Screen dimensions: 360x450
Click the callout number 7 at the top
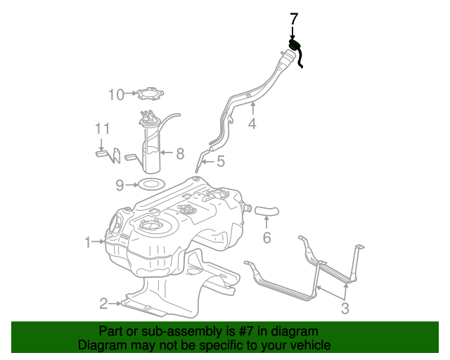coord(293,18)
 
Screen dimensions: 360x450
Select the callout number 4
coord(252,124)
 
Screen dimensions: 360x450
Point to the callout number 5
coord(220,162)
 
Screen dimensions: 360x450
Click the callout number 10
coord(115,94)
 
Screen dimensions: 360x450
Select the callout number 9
coord(120,185)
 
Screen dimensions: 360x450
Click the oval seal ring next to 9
coord(149,184)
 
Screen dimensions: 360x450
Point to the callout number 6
coord(266,238)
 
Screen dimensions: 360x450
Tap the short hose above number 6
coord(266,209)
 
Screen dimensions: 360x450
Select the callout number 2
coord(103,304)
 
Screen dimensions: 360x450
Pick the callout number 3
coord(345,308)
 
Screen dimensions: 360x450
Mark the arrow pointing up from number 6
coord(266,223)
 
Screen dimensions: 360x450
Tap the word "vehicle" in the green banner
coord(310,345)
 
